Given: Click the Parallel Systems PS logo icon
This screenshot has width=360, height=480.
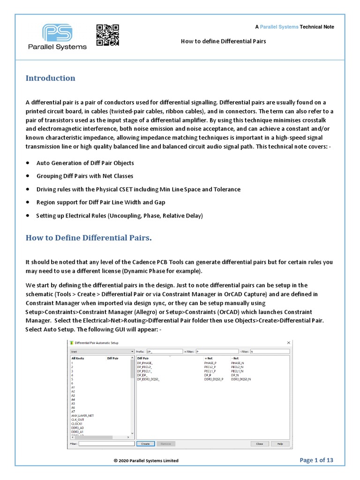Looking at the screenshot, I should (x=58, y=33).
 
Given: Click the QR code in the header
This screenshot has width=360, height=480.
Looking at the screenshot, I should (x=107, y=35).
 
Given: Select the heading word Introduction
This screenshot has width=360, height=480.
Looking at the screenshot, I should (x=50, y=78).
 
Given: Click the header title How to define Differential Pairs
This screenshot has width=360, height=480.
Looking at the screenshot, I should (x=223, y=41).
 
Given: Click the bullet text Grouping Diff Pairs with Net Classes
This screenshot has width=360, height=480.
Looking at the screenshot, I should (x=85, y=176).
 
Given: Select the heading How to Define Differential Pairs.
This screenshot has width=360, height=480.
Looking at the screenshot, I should (x=89, y=238).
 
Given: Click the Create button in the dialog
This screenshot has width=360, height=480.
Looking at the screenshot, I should (x=145, y=443).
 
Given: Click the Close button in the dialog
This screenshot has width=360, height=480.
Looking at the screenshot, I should (x=259, y=443).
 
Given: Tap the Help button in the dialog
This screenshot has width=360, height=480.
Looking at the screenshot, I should (x=280, y=443).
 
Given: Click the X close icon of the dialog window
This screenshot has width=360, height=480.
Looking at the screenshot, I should (x=288, y=343).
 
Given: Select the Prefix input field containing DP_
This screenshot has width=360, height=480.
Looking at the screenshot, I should (x=164, y=351).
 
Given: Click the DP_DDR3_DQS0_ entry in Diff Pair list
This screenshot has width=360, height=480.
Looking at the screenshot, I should (x=149, y=379).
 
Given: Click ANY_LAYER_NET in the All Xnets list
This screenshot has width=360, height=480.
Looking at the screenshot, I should (x=82, y=415).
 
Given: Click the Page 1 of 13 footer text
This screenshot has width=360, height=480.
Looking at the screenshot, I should (x=316, y=460).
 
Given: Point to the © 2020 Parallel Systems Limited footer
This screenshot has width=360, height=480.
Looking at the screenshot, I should (x=146, y=461).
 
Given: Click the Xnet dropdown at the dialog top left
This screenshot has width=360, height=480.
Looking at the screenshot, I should (x=102, y=351).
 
